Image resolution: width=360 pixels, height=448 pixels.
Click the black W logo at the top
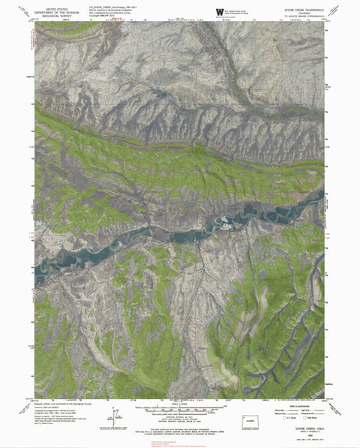[x=219, y=11]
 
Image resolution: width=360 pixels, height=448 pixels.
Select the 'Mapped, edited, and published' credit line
[x=60, y=401]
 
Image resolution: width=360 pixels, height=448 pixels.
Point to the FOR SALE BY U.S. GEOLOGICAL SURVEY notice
[x=180, y=428]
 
